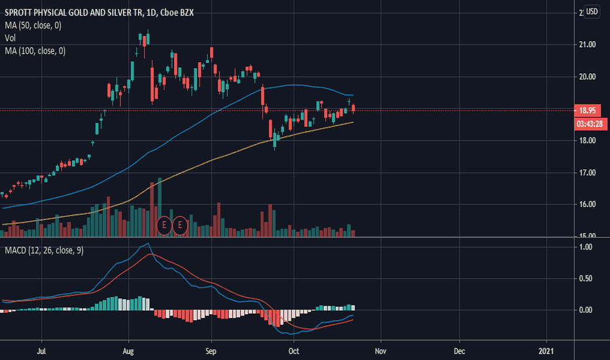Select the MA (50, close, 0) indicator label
point(33,25)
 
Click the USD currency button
point(591,12)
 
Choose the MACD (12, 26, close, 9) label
point(44,251)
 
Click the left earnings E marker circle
point(164,226)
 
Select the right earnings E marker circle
point(180,226)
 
